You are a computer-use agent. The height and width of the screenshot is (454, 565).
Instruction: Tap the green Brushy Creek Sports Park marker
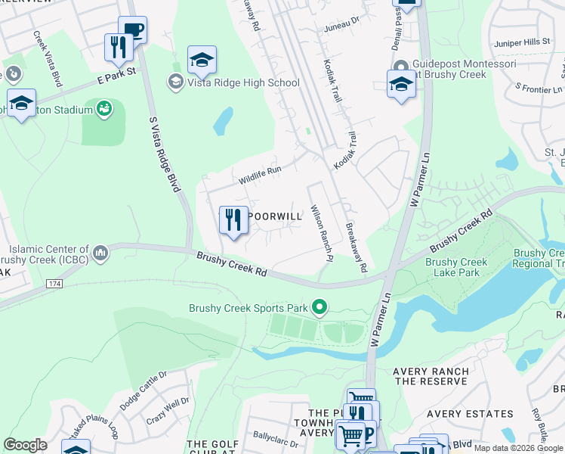click(x=320, y=307)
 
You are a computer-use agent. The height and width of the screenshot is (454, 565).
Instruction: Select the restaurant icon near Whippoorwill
click(x=233, y=221)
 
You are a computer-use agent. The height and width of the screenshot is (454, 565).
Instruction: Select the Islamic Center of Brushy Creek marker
click(x=100, y=250)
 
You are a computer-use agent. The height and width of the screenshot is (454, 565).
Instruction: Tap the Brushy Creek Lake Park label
click(x=456, y=268)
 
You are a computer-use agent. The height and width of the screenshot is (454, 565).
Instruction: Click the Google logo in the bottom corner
click(x=25, y=445)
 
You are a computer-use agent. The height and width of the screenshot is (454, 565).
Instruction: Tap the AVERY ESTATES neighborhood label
click(x=469, y=414)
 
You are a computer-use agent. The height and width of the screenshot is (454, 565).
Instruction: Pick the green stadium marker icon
click(x=104, y=110)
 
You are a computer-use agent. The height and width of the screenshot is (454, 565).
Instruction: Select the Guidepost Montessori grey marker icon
click(x=400, y=65)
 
